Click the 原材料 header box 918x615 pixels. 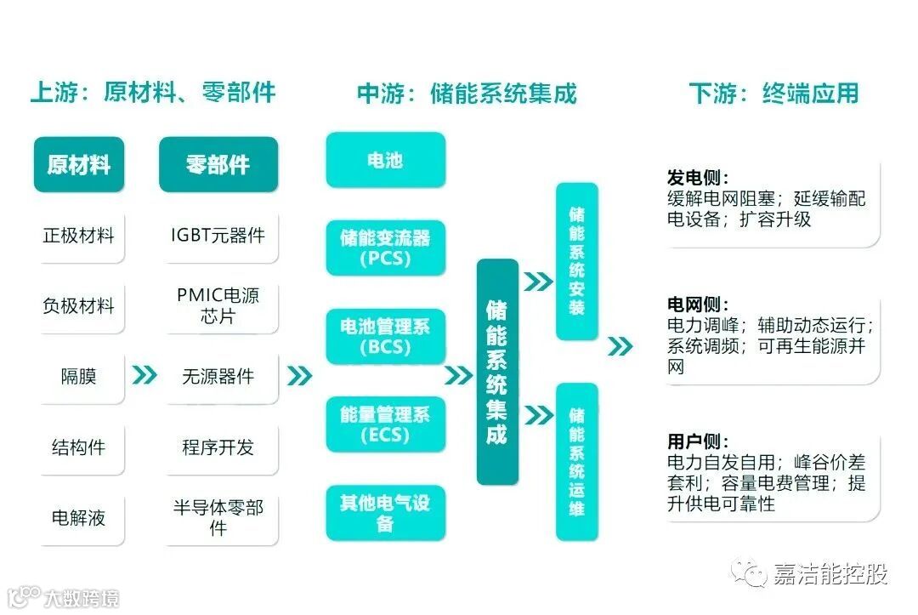pyautogui.click(x=79, y=164)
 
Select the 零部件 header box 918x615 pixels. pyautogui.click(x=218, y=164)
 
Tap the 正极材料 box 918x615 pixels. pyautogui.click(x=79, y=236)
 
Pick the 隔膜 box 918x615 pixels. pyautogui.click(x=79, y=376)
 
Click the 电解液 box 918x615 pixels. pyautogui.click(x=79, y=517)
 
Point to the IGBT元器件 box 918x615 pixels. pyautogui.click(x=218, y=236)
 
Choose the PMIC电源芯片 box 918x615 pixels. pyautogui.click(x=218, y=306)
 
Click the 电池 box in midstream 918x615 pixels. pyautogui.click(x=385, y=160)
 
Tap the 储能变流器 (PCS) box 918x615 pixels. pyautogui.click(x=385, y=248)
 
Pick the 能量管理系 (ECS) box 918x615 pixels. pyautogui.click(x=385, y=424)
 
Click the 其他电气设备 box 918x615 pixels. pyautogui.click(x=385, y=512)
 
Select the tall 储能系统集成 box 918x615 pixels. pyautogui.click(x=496, y=372)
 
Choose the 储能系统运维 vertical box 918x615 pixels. pyautogui.click(x=576, y=461)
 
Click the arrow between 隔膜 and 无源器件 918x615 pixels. pyautogui.click(x=144, y=375)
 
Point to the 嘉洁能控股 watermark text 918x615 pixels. pyautogui.click(x=829, y=574)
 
